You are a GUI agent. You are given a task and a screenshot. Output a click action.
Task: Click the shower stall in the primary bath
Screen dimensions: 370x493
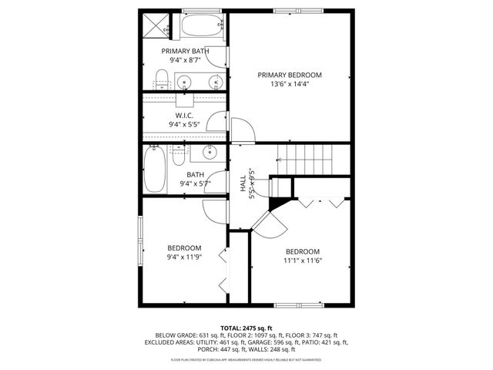coord(159,27)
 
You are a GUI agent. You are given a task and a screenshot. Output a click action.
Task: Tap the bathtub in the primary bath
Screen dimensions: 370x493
coord(202,27)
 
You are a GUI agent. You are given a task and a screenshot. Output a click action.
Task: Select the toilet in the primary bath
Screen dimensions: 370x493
coord(162,78)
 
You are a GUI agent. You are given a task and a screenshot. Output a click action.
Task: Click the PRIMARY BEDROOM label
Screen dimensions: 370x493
coord(289,75)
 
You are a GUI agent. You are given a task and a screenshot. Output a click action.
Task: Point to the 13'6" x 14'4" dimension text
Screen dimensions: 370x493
coord(289,85)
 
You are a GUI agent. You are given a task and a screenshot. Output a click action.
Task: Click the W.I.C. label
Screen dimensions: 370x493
coord(184,116)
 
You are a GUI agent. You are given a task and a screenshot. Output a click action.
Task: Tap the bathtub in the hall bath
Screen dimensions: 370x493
coord(154,170)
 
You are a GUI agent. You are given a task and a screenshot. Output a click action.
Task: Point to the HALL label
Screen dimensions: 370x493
coord(243,186)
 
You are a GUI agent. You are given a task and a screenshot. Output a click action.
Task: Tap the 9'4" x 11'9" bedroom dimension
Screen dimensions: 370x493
coord(184,258)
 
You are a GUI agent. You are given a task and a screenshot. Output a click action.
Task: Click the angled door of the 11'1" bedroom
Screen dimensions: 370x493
coord(272,224)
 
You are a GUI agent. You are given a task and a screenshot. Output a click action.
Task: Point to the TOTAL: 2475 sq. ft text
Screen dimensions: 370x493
coord(246,328)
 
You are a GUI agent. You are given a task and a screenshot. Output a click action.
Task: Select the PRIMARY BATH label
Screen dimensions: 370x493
coord(184,51)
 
